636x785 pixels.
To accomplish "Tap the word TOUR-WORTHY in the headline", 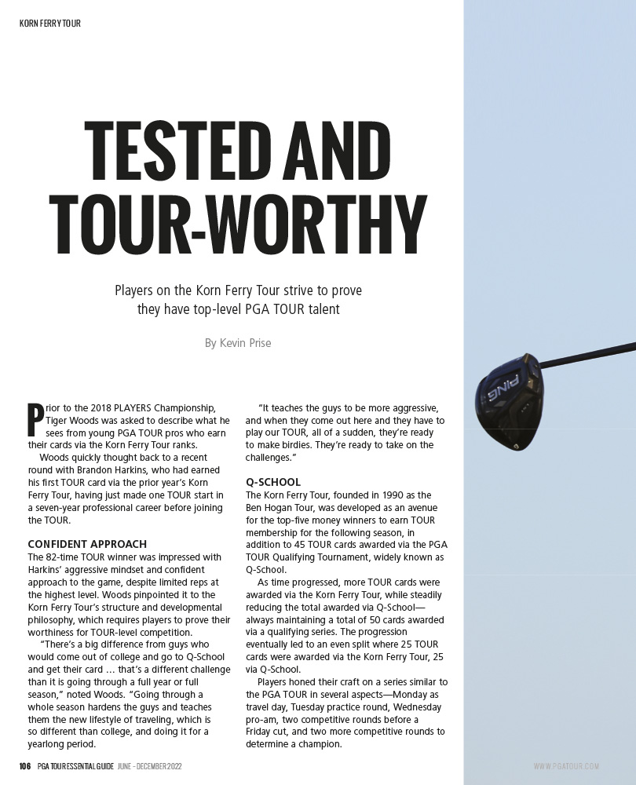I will pos(237,221).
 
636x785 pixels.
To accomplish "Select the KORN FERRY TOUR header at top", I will pos(50,24).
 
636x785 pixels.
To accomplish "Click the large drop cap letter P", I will pos(35,419).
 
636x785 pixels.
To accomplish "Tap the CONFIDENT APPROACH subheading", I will pos(87,544).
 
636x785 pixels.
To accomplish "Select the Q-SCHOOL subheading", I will pos(273,482).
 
